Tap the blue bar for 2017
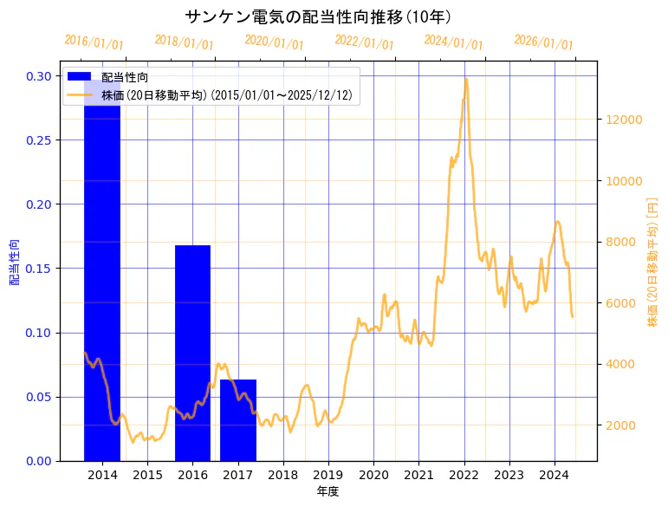tap(237, 419)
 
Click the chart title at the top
tap(318, 16)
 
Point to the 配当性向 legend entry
tap(124, 77)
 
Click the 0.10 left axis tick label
tap(37, 333)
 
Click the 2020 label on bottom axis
tap(373, 475)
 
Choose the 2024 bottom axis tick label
tap(554, 475)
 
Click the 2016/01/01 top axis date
tap(94, 42)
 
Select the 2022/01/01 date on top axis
tap(364, 42)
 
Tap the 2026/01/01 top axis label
tap(543, 42)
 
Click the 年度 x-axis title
tap(328, 491)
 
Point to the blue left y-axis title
tap(14, 263)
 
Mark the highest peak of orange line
tap(466, 79)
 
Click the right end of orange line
tap(572, 316)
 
